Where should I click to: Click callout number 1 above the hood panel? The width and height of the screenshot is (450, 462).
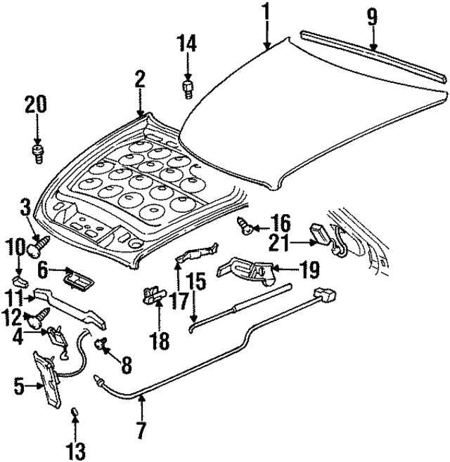click(x=266, y=12)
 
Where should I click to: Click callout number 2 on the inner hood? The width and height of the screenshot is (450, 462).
click(x=140, y=79)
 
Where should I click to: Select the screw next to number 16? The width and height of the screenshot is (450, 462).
click(x=245, y=226)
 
